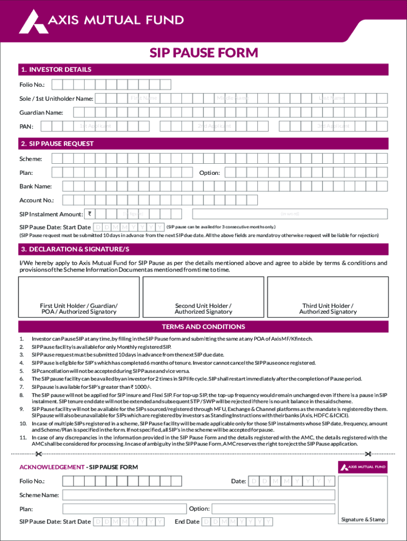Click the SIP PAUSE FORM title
(203, 53)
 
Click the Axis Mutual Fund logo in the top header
(101, 21)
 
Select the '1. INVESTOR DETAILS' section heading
(55, 70)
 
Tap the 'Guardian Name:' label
(41, 113)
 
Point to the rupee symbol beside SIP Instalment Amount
(90, 214)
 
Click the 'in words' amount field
(290, 214)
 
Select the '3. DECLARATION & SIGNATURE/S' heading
(75, 249)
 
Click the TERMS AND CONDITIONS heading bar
(203, 327)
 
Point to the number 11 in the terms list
(23, 438)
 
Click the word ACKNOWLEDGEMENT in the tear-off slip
(52, 467)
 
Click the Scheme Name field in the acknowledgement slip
(199, 495)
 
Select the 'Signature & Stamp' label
(363, 520)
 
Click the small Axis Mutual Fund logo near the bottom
(363, 467)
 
